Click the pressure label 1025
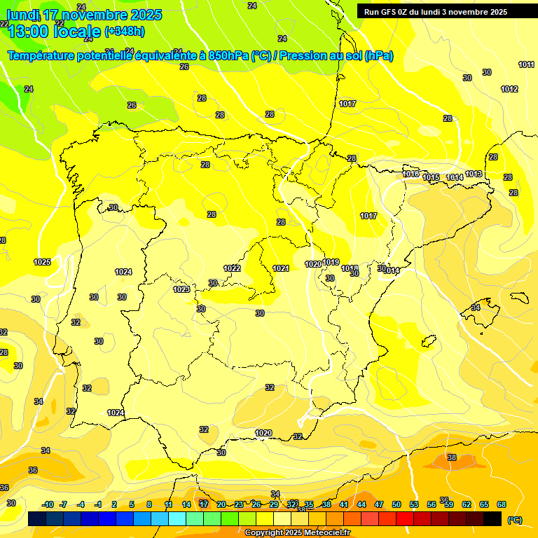tap(42, 263)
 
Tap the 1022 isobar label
tap(232, 268)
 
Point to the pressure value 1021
tap(281, 268)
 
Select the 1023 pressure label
tap(181, 289)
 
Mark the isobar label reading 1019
tap(331, 263)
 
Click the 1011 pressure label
tap(526, 65)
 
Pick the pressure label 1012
tap(509, 89)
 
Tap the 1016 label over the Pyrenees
tap(411, 174)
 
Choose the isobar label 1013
tap(474, 174)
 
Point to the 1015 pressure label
tap(431, 178)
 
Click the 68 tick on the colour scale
tap(502, 504)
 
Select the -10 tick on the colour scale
tap(48, 504)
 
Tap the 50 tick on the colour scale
tap(396, 504)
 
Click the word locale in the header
tap(75, 31)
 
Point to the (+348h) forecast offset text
tap(125, 32)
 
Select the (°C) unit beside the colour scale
tap(515, 520)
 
